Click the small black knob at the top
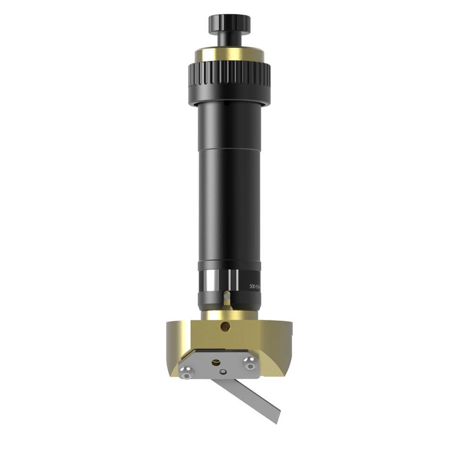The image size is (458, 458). [x=229, y=23]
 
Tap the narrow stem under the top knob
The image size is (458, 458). [x=229, y=40]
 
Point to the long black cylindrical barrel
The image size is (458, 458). [x=229, y=183]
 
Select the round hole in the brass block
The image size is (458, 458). [x=225, y=327]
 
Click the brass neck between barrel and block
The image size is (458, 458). [x=229, y=315]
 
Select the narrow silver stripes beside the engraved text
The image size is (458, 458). [x=232, y=280]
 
